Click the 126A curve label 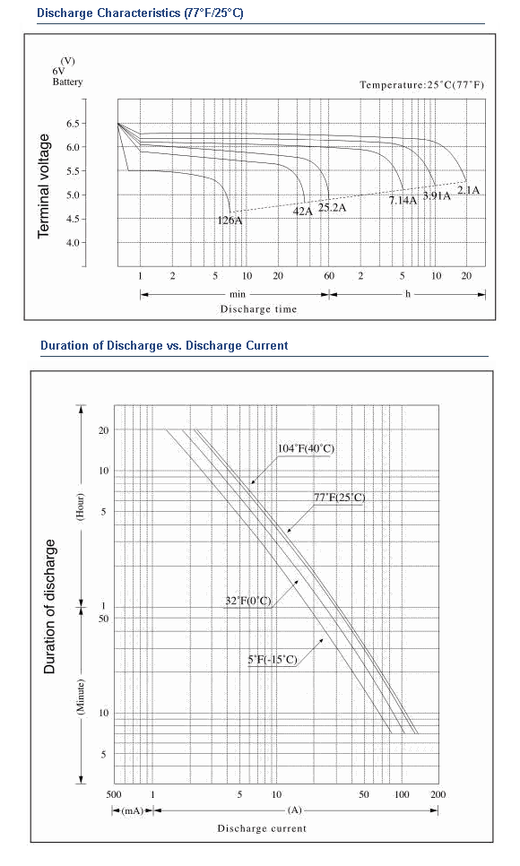coord(230,221)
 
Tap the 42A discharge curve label coord(302,211)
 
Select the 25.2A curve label coord(332,208)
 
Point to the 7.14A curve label coord(403,201)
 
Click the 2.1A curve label coord(468,191)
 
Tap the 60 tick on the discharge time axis coord(329,276)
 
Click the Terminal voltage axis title coord(44,186)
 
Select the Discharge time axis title coord(258,309)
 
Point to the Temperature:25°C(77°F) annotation coord(421,85)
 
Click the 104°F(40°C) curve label coord(306,448)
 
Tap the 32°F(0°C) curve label coord(248,601)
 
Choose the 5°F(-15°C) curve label coord(273,660)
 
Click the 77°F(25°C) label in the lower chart coord(339,497)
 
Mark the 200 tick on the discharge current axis coord(438,795)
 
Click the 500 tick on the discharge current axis coord(114,795)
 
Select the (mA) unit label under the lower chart coord(132,810)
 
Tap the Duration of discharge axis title coord(50,606)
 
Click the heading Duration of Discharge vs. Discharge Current coord(164,346)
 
